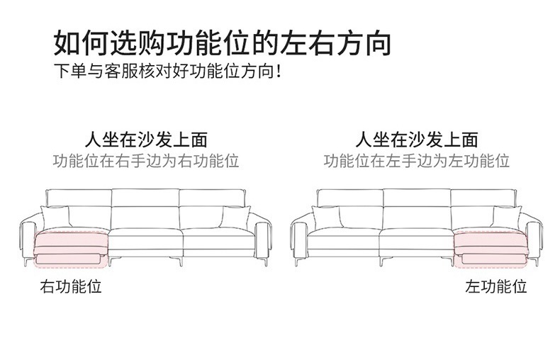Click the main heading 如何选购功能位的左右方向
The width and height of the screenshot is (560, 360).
(223, 43)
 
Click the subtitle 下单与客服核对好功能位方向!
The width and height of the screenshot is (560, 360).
(168, 72)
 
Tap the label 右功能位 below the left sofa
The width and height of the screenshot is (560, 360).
(71, 287)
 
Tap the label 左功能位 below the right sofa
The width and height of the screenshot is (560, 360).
(496, 287)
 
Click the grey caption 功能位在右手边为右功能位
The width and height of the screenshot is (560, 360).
(146, 161)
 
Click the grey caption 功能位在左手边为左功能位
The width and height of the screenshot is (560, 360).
(417, 161)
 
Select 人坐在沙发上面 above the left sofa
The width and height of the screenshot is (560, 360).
(146, 139)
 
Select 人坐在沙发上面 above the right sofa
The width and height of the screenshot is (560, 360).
(417, 139)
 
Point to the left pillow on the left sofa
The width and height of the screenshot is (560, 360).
(55, 217)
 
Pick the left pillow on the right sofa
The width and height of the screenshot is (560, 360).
(326, 217)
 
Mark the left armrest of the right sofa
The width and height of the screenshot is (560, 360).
(298, 237)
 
